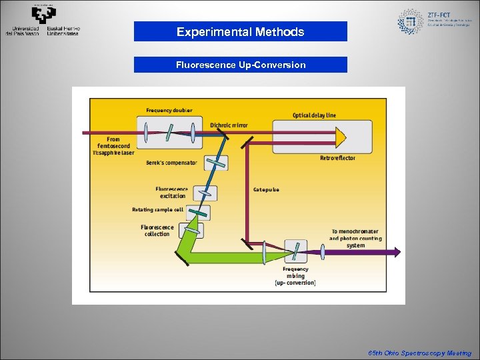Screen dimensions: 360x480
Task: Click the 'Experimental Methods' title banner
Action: [240, 31]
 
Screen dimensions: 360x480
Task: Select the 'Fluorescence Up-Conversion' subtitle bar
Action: [240, 65]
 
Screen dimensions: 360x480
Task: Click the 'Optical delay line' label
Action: [314, 115]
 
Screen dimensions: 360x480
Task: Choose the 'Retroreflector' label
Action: [337, 158]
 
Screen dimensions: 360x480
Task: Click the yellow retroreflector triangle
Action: [340, 137]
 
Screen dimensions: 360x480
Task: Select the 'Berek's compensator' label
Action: [171, 163]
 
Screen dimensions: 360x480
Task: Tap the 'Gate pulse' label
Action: [266, 189]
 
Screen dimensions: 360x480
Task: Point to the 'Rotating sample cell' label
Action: [157, 209]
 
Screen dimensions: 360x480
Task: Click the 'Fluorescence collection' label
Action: [157, 230]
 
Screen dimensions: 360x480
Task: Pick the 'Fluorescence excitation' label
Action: [171, 192]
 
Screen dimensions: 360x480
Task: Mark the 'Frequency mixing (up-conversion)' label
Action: [295, 275]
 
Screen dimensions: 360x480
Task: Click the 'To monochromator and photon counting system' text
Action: [355, 238]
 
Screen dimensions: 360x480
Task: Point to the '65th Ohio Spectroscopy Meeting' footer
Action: [419, 353]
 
